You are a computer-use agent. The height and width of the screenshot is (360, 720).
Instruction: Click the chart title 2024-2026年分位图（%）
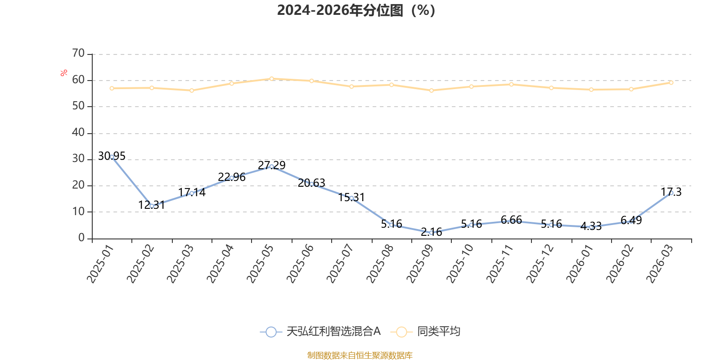tap(356, 11)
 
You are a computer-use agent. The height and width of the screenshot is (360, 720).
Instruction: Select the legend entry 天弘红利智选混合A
tap(320, 331)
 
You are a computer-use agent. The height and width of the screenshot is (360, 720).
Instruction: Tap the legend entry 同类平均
tap(425, 331)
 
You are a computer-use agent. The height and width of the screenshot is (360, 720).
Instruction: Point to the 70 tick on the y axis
tap(78, 53)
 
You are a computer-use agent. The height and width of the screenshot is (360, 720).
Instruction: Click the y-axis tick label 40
tap(78, 132)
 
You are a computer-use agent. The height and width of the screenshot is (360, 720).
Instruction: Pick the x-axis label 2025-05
tap(260, 264)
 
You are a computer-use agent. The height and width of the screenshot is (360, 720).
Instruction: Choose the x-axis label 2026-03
tap(660, 264)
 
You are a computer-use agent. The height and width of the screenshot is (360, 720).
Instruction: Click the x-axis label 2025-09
tap(420, 264)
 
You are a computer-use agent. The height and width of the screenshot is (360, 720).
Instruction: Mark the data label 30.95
tap(112, 156)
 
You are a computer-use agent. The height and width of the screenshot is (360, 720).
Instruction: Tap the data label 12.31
tap(151, 205)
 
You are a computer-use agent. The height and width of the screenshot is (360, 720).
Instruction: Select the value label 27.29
tap(272, 165)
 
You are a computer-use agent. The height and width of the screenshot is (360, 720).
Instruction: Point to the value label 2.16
tap(432, 232)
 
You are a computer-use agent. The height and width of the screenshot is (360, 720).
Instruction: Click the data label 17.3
tap(671, 192)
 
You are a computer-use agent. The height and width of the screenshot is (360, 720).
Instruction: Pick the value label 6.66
tap(511, 220)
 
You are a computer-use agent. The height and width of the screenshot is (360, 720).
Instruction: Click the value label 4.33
tap(591, 226)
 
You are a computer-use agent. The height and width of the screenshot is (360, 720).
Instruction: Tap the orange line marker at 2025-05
tap(272, 79)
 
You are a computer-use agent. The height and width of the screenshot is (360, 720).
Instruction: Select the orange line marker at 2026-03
tap(671, 83)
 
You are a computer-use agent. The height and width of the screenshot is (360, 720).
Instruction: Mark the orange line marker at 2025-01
tap(112, 88)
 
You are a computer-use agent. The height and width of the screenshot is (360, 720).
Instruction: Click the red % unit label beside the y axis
tap(63, 73)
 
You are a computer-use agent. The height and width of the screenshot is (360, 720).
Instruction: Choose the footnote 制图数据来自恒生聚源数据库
tap(360, 355)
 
